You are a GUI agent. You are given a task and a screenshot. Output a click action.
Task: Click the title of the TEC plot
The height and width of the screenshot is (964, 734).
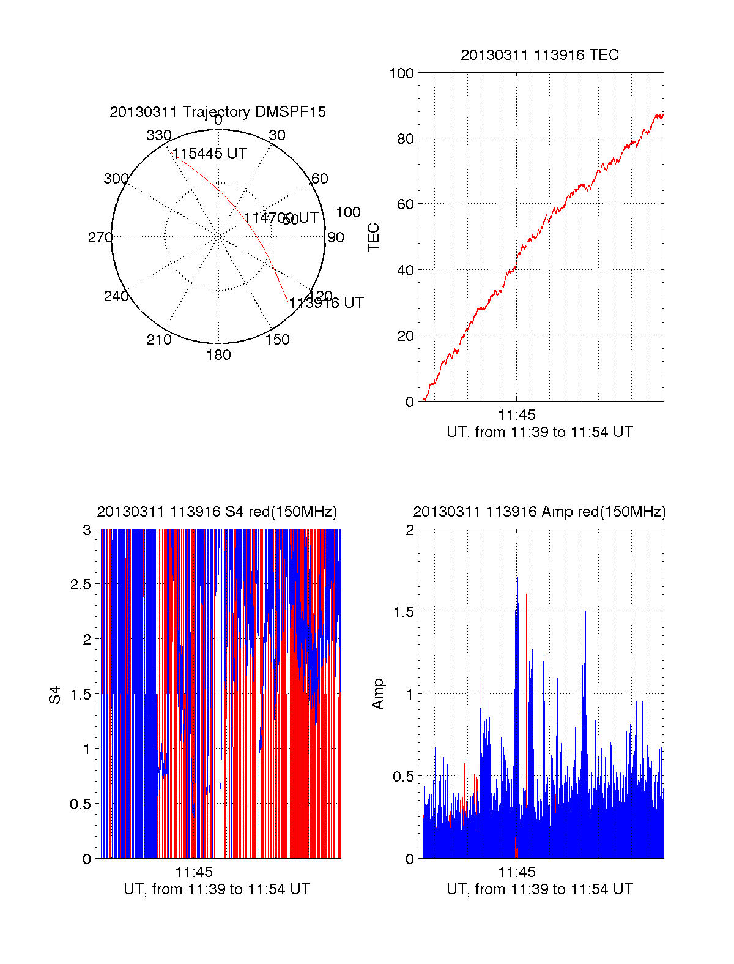tap(539, 55)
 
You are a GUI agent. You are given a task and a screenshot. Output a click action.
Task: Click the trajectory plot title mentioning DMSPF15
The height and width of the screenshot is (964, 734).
tap(218, 112)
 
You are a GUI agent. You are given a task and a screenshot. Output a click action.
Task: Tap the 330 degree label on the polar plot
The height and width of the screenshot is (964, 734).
tap(158, 135)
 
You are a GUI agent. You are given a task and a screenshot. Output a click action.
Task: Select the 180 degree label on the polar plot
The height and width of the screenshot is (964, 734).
tap(218, 355)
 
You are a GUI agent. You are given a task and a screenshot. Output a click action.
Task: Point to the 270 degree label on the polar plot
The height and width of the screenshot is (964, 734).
tap(100, 237)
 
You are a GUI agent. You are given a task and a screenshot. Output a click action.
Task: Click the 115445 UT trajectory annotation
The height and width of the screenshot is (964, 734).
tap(210, 154)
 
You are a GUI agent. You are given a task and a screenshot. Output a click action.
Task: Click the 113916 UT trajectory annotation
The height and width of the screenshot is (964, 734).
tap(326, 303)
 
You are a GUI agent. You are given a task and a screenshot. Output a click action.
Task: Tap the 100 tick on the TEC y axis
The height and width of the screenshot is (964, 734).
tap(402, 73)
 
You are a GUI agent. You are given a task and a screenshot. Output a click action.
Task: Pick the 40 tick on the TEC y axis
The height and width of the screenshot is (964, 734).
tap(406, 270)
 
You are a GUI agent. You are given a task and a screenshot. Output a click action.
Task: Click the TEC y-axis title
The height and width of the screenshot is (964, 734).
tap(373, 237)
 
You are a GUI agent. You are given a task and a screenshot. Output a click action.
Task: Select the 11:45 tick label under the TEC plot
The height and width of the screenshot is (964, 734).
tap(516, 416)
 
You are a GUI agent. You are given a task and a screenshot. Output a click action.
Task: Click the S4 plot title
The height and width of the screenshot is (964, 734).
tap(217, 512)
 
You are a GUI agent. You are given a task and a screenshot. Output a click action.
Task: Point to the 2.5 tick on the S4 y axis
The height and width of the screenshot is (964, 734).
tap(80, 585)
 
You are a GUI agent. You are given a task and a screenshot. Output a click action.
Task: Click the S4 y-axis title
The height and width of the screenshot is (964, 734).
tap(55, 695)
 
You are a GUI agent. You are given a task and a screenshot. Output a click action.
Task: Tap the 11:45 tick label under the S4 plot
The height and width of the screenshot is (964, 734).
tap(194, 873)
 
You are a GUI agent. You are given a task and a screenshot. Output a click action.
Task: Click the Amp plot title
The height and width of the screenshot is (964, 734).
tap(539, 512)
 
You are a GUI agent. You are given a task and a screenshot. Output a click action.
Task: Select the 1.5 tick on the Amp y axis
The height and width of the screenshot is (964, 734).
tap(402, 612)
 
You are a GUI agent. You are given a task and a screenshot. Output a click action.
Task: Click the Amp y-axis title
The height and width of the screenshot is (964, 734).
tap(378, 694)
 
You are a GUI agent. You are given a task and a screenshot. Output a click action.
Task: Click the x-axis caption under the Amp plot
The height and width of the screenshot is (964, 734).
tap(539, 889)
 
